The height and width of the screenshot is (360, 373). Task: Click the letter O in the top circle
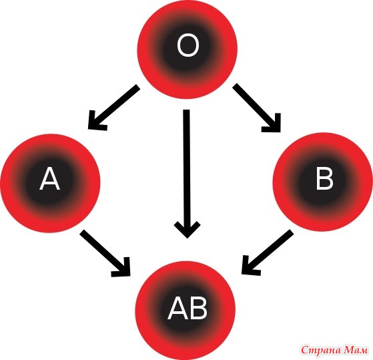click(x=188, y=45)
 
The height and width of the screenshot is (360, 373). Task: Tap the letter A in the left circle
click(x=49, y=178)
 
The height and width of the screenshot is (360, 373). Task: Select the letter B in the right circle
click(x=324, y=178)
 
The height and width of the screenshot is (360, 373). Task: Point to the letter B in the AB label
click(x=198, y=309)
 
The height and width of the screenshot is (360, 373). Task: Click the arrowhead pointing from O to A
click(x=96, y=122)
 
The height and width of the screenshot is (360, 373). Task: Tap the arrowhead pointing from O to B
click(x=272, y=123)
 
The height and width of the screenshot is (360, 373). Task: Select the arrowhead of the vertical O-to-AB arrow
click(x=188, y=229)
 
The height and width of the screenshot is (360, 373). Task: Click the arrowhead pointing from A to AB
click(x=122, y=267)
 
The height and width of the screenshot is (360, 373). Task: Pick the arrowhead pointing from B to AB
click(x=250, y=265)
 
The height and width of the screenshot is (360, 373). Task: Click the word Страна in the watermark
click(x=321, y=350)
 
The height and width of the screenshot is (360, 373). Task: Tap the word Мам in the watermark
click(x=356, y=350)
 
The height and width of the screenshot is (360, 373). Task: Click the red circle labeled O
click(x=188, y=49)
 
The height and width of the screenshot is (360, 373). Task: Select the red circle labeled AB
click(x=185, y=311)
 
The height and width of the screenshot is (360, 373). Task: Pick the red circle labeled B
click(x=322, y=182)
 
